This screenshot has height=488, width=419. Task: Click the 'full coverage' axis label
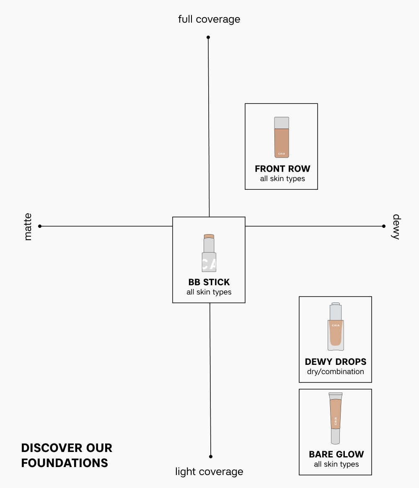(209, 19)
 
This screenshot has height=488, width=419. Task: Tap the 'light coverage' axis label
(209, 472)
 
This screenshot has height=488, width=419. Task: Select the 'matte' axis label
(28, 227)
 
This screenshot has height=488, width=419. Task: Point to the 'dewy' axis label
(396, 227)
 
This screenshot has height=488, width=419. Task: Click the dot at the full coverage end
(208, 37)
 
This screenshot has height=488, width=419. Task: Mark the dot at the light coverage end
(211, 456)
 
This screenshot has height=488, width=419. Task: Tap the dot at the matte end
(40, 226)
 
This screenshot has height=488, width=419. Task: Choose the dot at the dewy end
(384, 226)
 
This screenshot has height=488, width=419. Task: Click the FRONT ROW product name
(282, 169)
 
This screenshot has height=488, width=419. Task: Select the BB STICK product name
(209, 282)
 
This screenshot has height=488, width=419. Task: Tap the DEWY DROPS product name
(336, 362)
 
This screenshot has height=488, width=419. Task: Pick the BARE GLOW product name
(336, 454)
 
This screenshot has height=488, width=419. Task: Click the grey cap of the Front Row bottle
(282, 123)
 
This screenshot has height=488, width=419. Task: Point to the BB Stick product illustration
(209, 253)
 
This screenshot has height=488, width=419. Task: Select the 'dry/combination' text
(336, 372)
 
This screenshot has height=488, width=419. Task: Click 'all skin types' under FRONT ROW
(282, 179)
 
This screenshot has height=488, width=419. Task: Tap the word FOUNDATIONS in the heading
(65, 463)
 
